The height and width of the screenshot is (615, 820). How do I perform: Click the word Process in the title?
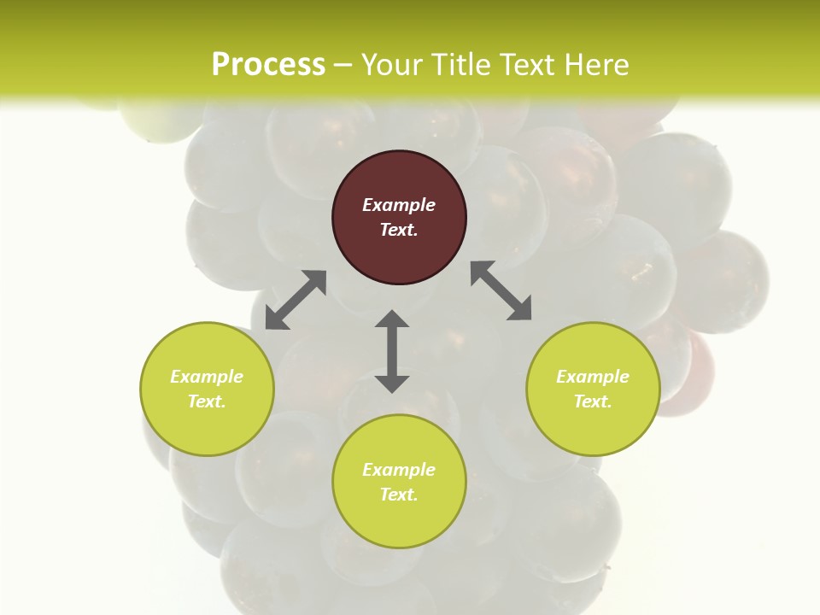point(268,65)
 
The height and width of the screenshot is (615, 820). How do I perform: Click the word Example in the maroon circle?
point(399,205)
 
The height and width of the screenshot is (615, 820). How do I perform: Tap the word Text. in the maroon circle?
point(399,230)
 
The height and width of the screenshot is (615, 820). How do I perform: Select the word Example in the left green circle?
point(207,377)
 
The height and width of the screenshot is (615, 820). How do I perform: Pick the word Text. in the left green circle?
point(207,401)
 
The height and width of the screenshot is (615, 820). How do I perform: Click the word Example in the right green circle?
point(593,377)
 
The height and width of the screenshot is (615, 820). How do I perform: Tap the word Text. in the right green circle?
point(593,401)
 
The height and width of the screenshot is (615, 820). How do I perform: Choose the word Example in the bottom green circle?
point(399,470)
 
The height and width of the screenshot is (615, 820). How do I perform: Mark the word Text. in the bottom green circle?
point(399,495)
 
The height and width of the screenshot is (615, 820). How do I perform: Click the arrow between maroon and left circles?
point(296,300)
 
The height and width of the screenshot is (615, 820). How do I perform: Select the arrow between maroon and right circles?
point(501,291)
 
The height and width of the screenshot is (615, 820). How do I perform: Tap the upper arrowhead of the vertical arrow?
point(392,319)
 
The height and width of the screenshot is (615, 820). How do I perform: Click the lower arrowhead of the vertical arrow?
point(392,384)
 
